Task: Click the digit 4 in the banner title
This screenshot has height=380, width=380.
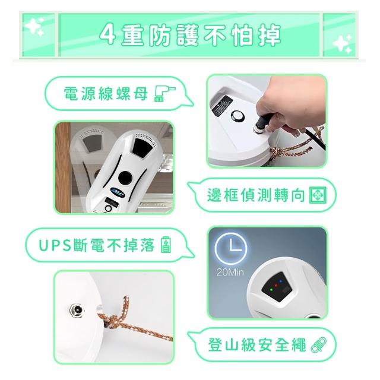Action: (107, 35)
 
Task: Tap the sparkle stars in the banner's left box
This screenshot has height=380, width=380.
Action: (34, 26)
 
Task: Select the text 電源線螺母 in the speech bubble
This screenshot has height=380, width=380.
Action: (106, 94)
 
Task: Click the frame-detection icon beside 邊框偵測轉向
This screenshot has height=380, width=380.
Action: (318, 195)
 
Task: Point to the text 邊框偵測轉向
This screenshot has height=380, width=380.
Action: (256, 195)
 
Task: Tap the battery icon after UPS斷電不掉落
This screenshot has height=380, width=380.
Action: (166, 245)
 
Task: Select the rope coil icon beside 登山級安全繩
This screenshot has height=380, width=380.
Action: (318, 345)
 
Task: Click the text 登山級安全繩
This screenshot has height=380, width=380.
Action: (257, 345)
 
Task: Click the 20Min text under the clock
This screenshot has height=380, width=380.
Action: (230, 272)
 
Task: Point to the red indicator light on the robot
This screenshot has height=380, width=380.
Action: (275, 286)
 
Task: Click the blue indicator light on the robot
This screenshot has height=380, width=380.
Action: (281, 281)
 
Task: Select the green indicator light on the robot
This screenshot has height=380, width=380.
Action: (271, 290)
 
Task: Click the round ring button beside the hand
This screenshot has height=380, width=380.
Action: (237, 116)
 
